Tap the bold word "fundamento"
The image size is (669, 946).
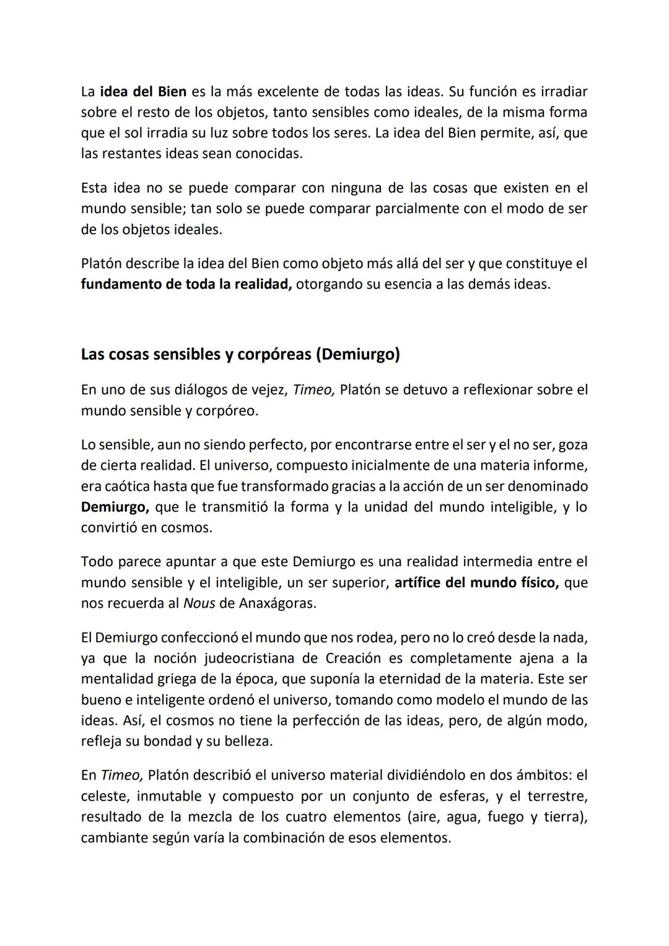[x=119, y=285]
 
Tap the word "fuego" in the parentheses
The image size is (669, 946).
[x=505, y=817]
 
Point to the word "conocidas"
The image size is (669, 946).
[x=269, y=154]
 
